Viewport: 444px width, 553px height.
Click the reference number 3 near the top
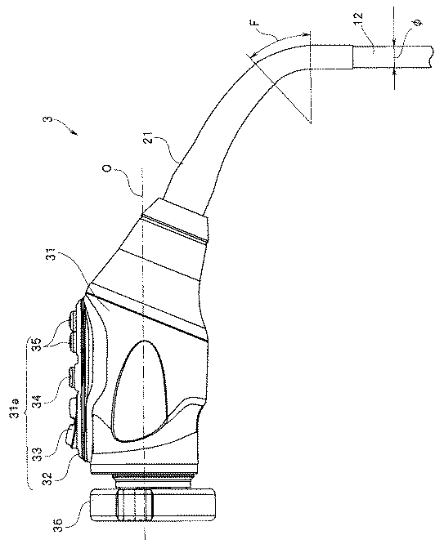coord(49,119)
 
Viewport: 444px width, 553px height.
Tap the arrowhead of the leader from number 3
coord(74,132)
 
